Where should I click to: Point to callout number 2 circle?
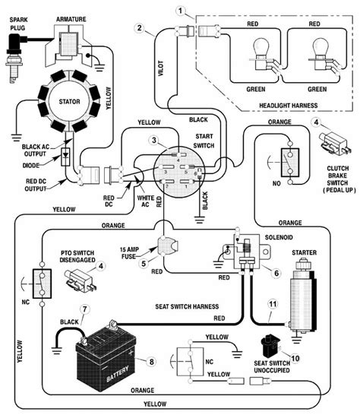coord(138,28)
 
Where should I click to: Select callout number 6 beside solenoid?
coord(276,271)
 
